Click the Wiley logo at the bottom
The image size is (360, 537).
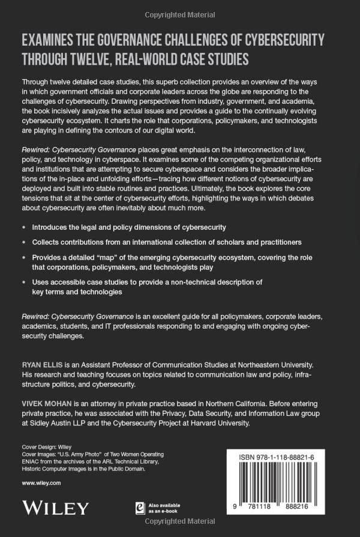55,507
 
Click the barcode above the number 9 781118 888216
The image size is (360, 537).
278,486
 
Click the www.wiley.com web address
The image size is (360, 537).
41,482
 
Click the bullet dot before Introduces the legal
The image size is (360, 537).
23,228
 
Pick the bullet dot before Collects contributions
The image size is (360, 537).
23,242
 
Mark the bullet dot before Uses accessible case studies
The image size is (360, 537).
23,282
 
